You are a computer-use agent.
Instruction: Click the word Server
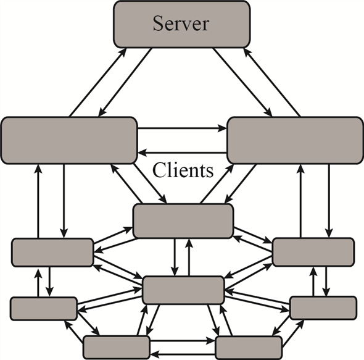(x=181, y=24)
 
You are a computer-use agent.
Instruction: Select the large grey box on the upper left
(x=68, y=140)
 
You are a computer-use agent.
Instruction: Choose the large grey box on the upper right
(x=295, y=140)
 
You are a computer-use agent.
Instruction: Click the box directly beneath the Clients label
(x=183, y=221)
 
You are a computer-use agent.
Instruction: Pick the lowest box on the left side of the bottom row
(x=117, y=348)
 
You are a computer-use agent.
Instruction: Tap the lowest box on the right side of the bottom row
(x=249, y=348)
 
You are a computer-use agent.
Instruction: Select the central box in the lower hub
(x=183, y=290)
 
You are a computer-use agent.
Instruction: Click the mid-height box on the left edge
(x=52, y=253)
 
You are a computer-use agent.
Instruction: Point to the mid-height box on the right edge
(x=313, y=252)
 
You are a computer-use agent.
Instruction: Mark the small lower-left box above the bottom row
(x=44, y=308)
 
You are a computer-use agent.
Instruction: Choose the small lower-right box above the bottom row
(x=323, y=307)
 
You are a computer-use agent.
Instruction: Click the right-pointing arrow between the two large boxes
(x=182, y=130)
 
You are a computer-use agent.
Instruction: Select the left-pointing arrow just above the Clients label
(x=182, y=152)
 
